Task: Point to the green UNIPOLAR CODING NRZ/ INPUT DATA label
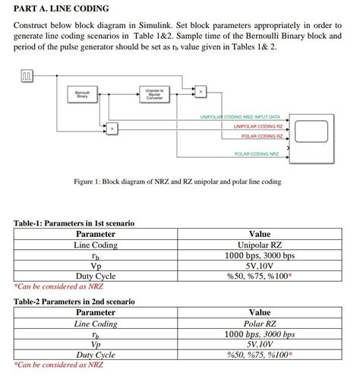239,117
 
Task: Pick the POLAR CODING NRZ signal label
257,154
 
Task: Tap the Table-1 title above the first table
74,223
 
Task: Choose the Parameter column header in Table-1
95,235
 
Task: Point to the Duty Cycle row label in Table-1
95,276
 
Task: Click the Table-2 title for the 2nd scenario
74,302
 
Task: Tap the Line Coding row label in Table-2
95,324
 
